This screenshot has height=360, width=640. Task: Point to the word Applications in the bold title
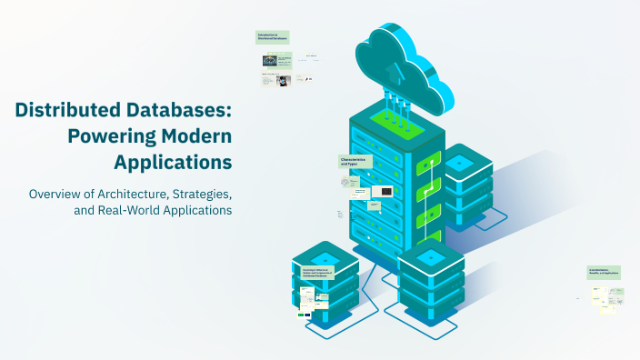click(x=173, y=164)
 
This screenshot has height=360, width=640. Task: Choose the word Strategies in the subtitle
click(x=204, y=194)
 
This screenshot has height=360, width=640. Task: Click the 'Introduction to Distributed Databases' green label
click(x=272, y=37)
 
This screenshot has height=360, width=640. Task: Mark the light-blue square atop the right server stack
click(x=459, y=162)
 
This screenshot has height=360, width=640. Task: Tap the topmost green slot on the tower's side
click(x=428, y=166)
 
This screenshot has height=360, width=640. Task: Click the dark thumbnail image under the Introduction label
click(x=269, y=60)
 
